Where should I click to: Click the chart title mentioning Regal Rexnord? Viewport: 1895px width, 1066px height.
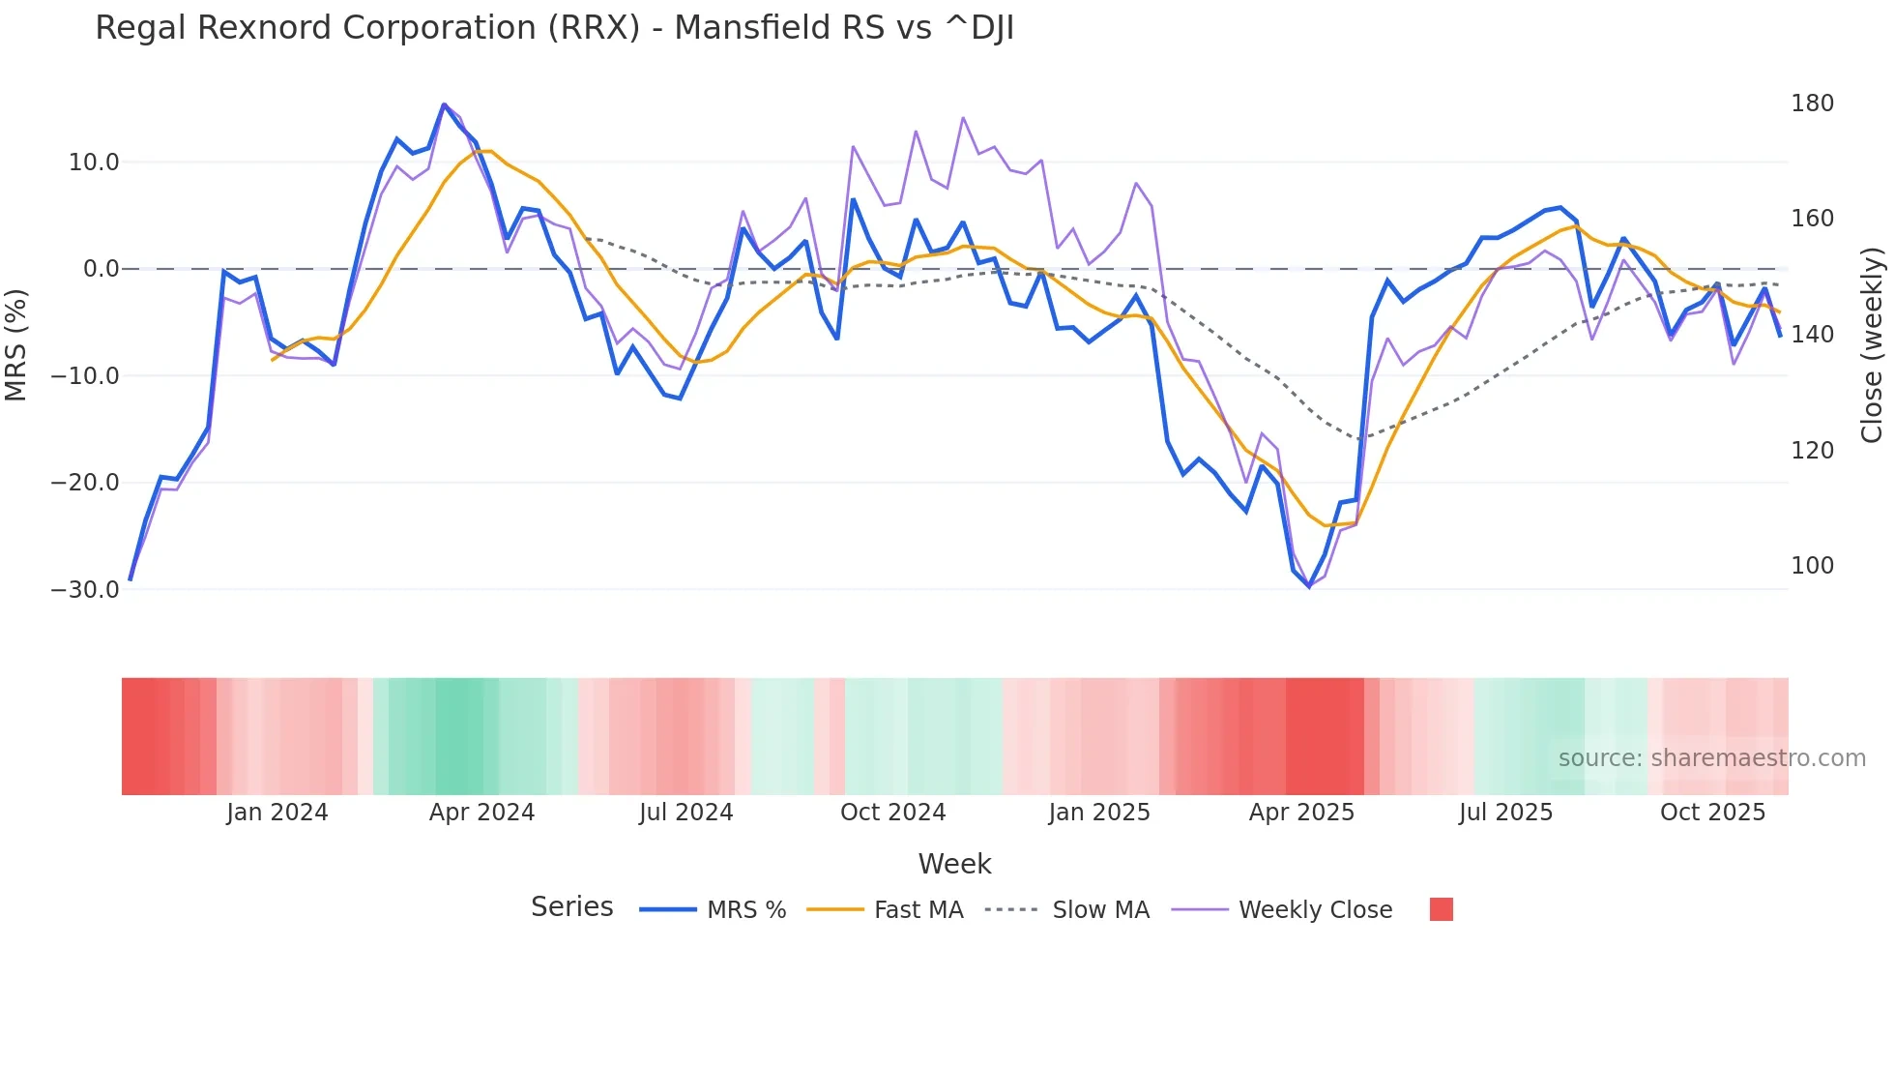coord(554,28)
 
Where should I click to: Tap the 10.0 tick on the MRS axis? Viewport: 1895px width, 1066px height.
coord(93,163)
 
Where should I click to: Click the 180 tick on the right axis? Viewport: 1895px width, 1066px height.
coord(1812,104)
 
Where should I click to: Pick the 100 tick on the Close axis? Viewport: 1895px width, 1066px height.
coord(1812,566)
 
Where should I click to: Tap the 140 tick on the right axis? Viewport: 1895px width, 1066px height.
coord(1812,335)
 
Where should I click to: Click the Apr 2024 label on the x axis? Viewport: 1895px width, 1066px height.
coord(481,813)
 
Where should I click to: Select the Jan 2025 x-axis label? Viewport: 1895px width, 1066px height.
coord(1098,813)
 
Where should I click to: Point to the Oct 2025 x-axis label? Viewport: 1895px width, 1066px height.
coord(1712,813)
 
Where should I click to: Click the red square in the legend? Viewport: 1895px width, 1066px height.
coord(1441,909)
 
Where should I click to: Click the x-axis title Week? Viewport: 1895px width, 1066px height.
coord(954,864)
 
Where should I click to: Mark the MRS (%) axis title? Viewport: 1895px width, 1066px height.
coord(16,344)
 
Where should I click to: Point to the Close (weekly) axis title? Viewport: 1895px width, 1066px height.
coord(1873,344)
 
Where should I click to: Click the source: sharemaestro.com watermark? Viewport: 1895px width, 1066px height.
coord(1711,758)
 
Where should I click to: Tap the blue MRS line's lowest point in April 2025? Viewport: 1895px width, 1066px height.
coord(1309,586)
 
